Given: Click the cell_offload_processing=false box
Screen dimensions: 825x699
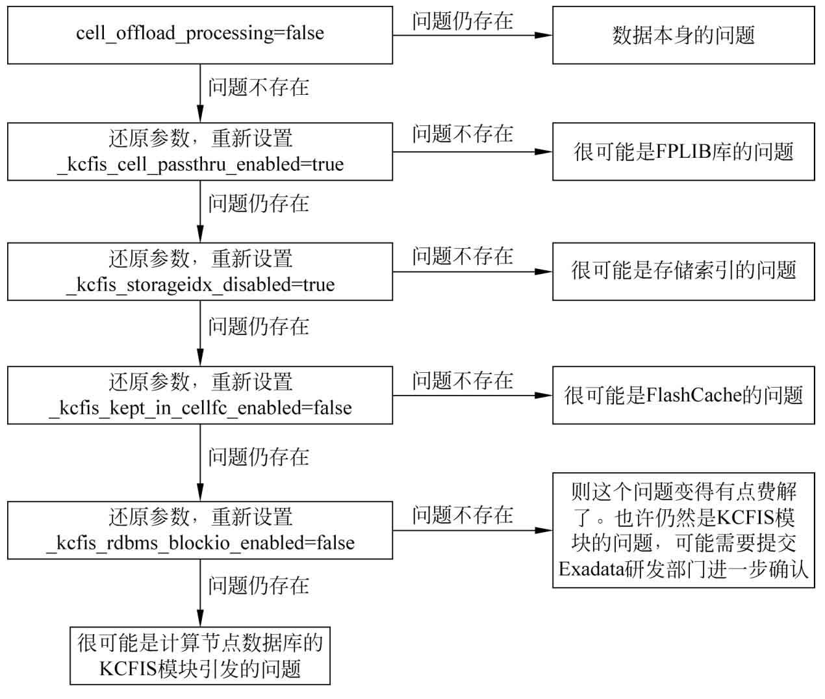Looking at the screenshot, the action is pos(200,34).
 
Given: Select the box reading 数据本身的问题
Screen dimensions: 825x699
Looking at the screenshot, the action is pos(683,34).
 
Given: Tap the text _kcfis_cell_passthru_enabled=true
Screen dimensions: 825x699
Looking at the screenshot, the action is pos(200,165).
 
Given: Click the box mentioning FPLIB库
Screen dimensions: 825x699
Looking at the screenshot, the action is pos(683,152).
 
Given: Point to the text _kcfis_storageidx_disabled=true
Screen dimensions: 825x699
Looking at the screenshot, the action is pos(200,285).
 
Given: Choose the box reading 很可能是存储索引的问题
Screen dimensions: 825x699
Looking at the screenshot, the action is pos(683,272).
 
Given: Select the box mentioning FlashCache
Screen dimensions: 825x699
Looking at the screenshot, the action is pos(683,395).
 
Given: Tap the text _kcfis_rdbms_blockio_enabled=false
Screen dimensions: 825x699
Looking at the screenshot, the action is pos(200,543).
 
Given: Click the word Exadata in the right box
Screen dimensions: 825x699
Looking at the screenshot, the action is pos(590,569).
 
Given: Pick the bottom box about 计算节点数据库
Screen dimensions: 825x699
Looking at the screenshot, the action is pos(200,656).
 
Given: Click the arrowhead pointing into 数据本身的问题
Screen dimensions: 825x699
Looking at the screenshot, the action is pos(544,35).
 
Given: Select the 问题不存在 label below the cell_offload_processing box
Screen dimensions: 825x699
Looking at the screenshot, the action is pos(259,87).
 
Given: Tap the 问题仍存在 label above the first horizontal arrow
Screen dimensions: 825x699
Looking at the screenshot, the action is pos(463,21).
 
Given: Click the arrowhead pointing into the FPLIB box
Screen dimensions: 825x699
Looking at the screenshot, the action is pos(544,152).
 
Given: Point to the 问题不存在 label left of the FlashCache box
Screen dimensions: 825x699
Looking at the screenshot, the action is pos(463,381).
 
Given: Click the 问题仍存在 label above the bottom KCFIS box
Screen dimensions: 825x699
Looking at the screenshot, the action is pos(259,585).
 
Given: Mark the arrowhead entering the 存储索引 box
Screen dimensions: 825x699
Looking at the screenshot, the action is pos(544,272).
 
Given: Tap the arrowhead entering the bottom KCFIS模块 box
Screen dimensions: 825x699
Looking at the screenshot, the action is pos(200,618).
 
